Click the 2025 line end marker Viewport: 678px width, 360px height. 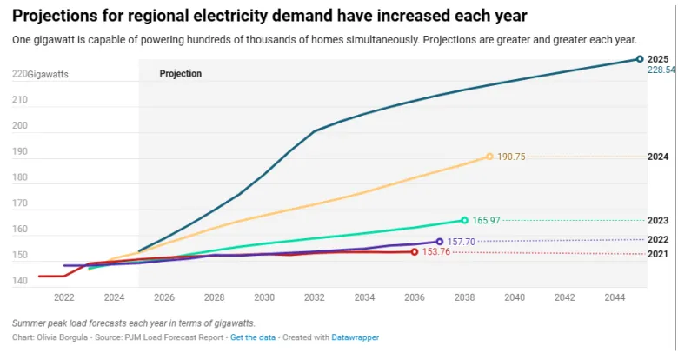(x=640, y=59)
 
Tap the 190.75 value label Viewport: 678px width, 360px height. (x=511, y=157)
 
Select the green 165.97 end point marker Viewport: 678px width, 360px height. (x=464, y=220)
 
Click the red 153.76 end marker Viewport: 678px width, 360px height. (x=415, y=252)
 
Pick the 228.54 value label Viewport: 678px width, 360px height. (x=661, y=70)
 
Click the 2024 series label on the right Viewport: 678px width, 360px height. (x=658, y=157)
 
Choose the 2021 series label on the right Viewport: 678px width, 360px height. (x=658, y=254)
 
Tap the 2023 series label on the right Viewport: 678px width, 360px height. (x=658, y=220)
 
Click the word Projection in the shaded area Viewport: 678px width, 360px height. (x=181, y=74)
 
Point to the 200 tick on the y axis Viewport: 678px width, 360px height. (x=19, y=126)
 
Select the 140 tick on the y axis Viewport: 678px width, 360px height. (x=19, y=282)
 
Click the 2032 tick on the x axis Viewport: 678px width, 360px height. (x=314, y=297)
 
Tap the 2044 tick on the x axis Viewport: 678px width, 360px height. (x=614, y=297)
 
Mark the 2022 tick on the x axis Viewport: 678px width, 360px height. (x=63, y=297)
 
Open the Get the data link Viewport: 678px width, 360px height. (x=253, y=337)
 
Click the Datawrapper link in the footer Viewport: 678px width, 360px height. (x=356, y=337)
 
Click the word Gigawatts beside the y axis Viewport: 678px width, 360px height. (x=48, y=75)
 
